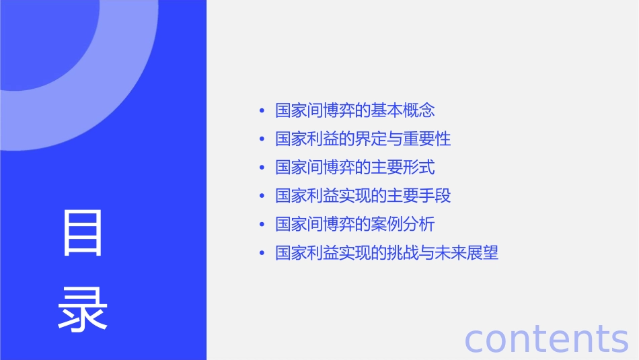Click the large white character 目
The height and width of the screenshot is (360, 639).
tap(83, 233)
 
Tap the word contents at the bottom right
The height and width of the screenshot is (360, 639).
tap(546, 338)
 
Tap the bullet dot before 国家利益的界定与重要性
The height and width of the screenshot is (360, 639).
tap(262, 139)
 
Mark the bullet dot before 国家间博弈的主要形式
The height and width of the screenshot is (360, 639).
tap(262, 168)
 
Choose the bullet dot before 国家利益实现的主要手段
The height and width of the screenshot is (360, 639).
tap(262, 196)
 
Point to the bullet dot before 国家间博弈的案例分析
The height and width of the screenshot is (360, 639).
tap(262, 225)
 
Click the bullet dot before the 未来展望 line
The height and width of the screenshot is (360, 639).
tap(262, 254)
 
